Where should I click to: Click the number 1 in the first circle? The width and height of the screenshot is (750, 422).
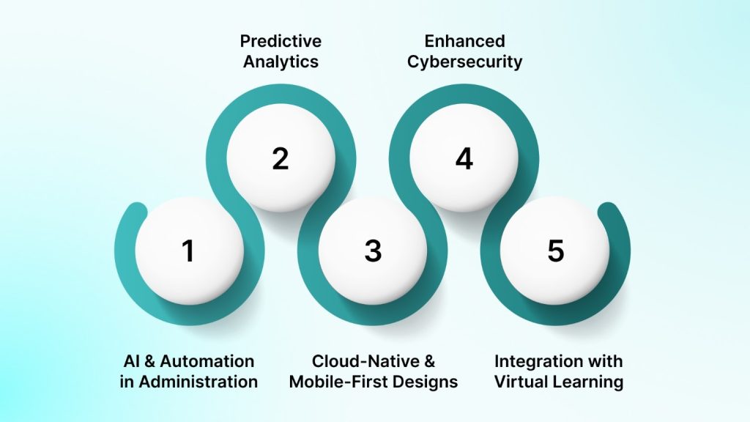pyautogui.click(x=188, y=251)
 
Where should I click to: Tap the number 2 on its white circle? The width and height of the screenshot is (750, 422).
pyautogui.click(x=281, y=159)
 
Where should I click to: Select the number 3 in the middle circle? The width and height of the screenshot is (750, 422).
pyautogui.click(x=373, y=251)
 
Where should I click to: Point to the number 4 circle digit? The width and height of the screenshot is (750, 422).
pyautogui.click(x=464, y=159)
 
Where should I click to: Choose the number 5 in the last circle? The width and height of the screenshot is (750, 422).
pyautogui.click(x=556, y=251)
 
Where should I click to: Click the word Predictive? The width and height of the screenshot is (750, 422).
pyautogui.click(x=281, y=41)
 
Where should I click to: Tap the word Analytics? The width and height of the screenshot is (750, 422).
pyautogui.click(x=281, y=62)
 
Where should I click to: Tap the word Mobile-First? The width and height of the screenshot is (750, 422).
pyautogui.click(x=339, y=382)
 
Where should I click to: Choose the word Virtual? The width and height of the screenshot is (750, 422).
pyautogui.click(x=520, y=382)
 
